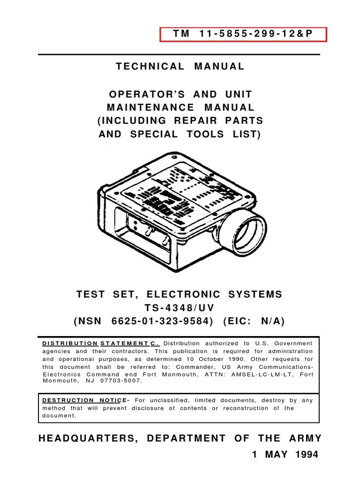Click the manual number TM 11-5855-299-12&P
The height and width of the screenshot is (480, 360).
click(243, 35)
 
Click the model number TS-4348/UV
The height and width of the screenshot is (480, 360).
click(180, 308)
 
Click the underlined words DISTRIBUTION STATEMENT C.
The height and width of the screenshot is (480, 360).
click(101, 344)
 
